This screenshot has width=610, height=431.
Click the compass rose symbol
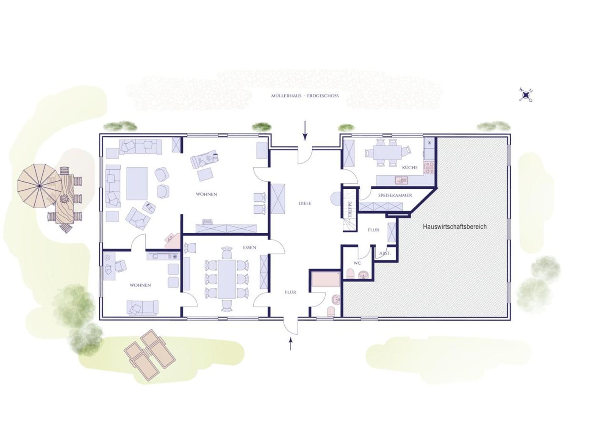pyautogui.click(x=526, y=95)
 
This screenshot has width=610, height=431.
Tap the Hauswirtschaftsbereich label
pyautogui.click(x=455, y=227)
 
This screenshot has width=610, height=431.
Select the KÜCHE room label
pyautogui.click(x=410, y=168)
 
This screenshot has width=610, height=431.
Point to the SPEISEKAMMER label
pyautogui.click(x=395, y=195)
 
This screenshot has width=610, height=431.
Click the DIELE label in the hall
pyautogui.click(x=305, y=203)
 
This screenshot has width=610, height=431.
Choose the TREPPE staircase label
pyautogui.click(x=350, y=209)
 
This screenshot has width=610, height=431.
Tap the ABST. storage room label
pyautogui.click(x=385, y=253)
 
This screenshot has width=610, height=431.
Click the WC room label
pyautogui.click(x=357, y=263)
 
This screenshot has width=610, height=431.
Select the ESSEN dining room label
pyautogui.click(x=250, y=248)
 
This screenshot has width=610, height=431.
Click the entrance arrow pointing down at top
pyautogui.click(x=305, y=130)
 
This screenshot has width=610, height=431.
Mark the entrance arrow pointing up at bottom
pyautogui.click(x=291, y=343)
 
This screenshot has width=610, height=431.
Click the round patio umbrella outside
pyautogui.click(x=39, y=185)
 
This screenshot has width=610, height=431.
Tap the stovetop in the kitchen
pyautogui.click(x=430, y=168)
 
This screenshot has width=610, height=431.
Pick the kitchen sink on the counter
pyautogui.click(x=402, y=180)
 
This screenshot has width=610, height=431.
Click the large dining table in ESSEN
pyautogui.click(x=227, y=279)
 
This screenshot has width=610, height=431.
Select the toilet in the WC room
pyautogui.click(x=350, y=274)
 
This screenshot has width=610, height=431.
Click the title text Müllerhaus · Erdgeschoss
pyautogui.click(x=305, y=96)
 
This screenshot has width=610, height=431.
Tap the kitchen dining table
pyautogui.click(x=387, y=153)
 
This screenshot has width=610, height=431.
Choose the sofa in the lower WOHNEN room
pyautogui.click(x=142, y=308)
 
